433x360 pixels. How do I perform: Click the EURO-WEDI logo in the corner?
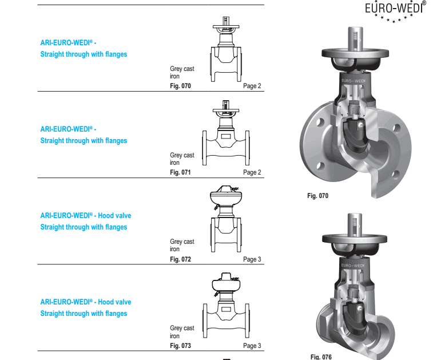point(395,11)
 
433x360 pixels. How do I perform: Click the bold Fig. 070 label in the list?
point(180,86)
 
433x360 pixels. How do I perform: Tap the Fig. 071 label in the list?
point(180,172)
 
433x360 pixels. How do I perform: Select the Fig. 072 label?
point(180,259)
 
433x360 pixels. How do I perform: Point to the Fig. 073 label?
point(180,346)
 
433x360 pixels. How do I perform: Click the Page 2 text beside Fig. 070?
point(252,86)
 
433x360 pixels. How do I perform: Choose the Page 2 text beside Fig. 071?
point(252,172)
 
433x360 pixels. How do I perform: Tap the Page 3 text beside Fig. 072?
point(252,259)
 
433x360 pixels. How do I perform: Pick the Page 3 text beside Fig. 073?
point(252,346)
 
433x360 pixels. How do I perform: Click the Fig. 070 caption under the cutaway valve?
point(318,196)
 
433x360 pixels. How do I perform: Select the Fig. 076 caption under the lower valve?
point(321,357)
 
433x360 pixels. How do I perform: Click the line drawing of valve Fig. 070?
point(226,49)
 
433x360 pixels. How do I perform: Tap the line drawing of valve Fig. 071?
point(226,133)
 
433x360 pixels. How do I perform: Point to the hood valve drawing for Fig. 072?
point(226,219)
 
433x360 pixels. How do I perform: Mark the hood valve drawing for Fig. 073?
point(226,305)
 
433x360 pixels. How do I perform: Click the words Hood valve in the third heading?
point(114,216)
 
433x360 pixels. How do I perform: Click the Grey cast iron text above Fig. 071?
point(182,159)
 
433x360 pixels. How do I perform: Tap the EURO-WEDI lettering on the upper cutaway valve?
point(353,81)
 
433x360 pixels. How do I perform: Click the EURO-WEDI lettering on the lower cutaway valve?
point(353,266)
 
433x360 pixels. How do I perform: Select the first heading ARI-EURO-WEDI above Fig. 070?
point(68,43)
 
